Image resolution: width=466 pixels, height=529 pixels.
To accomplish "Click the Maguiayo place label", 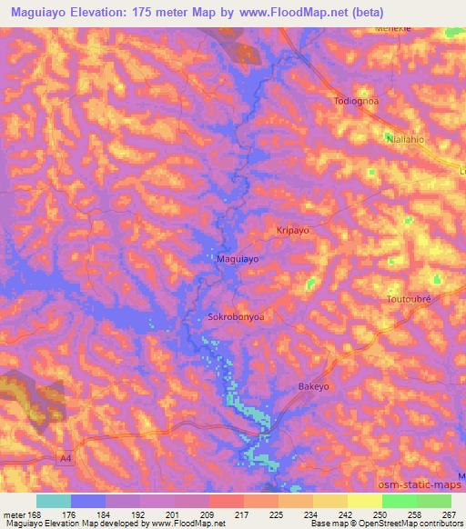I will tap(238, 259).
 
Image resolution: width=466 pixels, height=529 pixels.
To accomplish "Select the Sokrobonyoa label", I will tap(237, 318).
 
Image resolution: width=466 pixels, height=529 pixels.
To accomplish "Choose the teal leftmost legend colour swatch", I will tap(53, 500).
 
